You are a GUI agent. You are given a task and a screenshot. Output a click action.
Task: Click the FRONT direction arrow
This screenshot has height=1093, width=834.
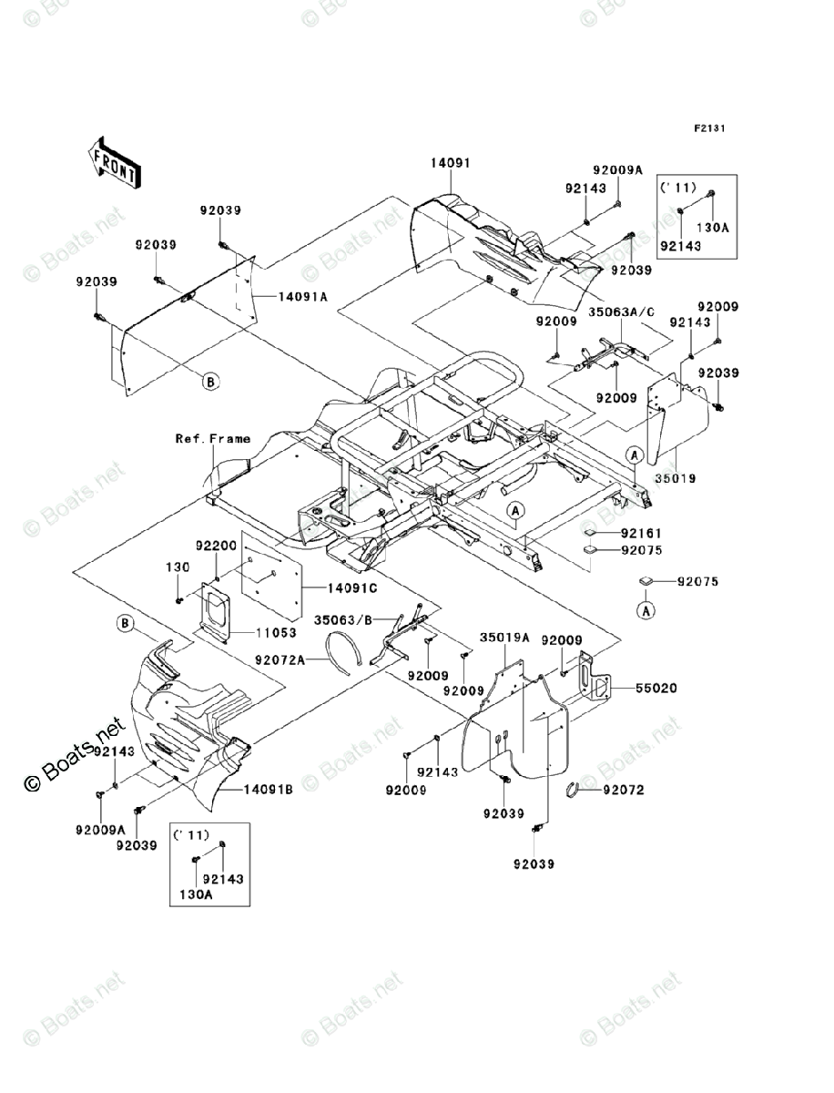(115, 162)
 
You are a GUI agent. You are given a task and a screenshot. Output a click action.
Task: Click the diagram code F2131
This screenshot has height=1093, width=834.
(709, 128)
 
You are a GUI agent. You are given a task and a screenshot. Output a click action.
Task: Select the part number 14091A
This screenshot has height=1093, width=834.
(302, 297)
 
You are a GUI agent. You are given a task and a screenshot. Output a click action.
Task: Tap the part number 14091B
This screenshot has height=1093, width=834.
(268, 790)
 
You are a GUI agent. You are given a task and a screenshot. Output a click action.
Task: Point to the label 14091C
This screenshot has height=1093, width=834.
(352, 588)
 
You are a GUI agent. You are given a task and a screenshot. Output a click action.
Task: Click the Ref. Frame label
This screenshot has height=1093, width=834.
(212, 439)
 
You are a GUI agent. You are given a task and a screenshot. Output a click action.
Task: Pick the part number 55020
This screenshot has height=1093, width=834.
(656, 689)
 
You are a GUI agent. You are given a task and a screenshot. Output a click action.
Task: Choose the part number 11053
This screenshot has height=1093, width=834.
(276, 632)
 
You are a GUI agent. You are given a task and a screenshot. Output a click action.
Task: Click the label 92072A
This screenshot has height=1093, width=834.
(280, 659)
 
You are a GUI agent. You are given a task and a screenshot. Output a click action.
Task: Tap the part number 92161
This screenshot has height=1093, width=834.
(641, 534)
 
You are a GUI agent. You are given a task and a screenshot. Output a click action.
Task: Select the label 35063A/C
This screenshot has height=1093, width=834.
(622, 312)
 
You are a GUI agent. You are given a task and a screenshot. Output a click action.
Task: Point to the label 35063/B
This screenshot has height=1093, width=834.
(343, 620)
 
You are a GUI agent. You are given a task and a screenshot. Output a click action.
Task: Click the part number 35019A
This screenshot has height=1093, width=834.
(504, 638)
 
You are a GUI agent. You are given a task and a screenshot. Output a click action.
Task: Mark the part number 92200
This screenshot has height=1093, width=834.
(216, 546)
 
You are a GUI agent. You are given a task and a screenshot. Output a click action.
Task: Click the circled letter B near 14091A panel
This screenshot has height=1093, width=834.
(210, 382)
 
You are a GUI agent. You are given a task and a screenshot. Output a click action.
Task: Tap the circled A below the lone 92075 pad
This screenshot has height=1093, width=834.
(646, 610)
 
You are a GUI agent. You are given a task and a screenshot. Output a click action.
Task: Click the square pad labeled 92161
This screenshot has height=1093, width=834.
(589, 533)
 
